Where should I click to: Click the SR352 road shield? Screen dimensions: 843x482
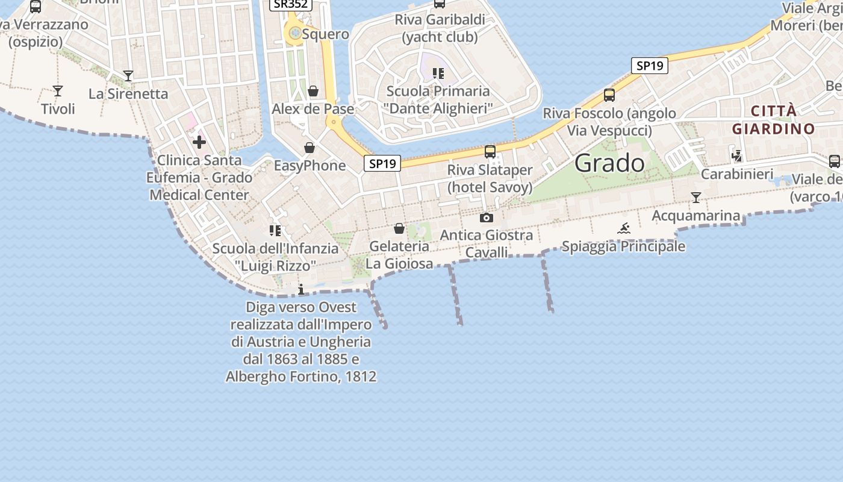[290, 4]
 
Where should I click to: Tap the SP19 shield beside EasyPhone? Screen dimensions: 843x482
[382, 163]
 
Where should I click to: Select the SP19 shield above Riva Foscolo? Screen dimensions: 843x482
[650, 66]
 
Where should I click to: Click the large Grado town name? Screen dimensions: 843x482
[609, 163]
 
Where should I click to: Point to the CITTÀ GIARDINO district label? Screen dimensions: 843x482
[773, 119]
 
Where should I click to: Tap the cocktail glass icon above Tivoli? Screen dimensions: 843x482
[58, 91]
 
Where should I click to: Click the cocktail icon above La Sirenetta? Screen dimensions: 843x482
[128, 76]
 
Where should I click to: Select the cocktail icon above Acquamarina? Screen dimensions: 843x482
[696, 198]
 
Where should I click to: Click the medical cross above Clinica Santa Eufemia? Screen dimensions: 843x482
[199, 142]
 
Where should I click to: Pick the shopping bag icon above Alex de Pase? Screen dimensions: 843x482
[313, 91]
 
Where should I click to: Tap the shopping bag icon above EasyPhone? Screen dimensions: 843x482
[310, 148]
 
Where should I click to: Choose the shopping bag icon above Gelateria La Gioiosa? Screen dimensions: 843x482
[399, 228]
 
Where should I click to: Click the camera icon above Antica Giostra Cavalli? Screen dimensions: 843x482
[487, 218]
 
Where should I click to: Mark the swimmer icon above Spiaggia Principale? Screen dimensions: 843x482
[624, 228]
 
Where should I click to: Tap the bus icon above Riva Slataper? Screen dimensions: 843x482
[490, 152]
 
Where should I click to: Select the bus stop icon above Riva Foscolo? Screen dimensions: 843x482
[609, 95]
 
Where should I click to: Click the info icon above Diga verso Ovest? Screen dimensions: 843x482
[301, 290]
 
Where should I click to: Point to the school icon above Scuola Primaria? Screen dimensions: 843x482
[438, 74]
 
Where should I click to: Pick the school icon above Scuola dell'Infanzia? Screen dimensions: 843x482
[276, 230]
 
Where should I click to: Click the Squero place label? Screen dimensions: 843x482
[325, 34]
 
